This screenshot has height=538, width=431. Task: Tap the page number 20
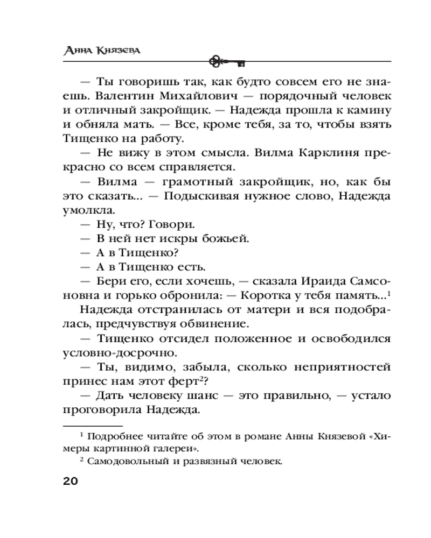(71, 481)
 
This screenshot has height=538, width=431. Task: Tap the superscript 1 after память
(388, 292)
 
